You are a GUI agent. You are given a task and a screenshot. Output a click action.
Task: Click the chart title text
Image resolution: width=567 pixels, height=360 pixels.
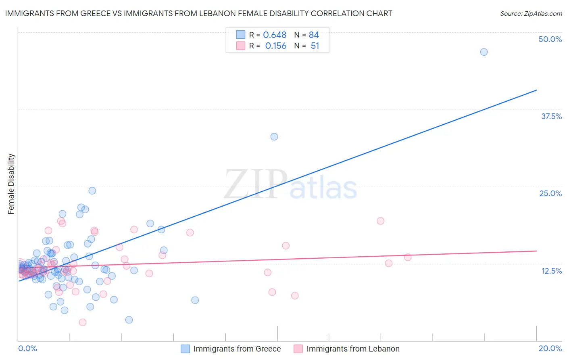pyautogui.click(x=198, y=13)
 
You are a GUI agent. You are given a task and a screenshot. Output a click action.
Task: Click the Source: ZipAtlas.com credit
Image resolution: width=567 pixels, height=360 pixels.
pyautogui.click(x=531, y=13)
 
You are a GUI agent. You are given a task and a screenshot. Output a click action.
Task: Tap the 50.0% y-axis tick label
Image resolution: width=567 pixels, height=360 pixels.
pyautogui.click(x=550, y=39)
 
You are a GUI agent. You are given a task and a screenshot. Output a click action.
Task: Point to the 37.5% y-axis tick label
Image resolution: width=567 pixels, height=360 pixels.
pyautogui.click(x=551, y=116)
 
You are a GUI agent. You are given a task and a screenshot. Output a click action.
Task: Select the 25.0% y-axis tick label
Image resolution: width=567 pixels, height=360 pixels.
pyautogui.click(x=550, y=193)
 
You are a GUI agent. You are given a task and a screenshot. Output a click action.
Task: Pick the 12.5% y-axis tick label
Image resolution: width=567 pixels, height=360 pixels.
pyautogui.click(x=551, y=271)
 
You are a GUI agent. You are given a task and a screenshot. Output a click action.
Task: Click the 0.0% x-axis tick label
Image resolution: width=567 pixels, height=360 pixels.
pyautogui.click(x=27, y=348)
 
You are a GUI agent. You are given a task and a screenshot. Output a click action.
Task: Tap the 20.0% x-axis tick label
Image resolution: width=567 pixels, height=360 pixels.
pyautogui.click(x=550, y=348)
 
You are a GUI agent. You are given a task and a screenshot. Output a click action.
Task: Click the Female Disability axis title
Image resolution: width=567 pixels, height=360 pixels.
pyautogui.click(x=11, y=184)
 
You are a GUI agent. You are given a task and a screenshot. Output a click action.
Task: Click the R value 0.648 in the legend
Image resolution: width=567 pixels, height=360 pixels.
pyautogui.click(x=275, y=35)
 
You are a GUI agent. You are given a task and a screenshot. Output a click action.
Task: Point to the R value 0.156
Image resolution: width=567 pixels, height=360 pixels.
pyautogui.click(x=275, y=46)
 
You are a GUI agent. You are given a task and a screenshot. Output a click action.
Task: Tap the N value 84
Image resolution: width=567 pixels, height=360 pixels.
pyautogui.click(x=314, y=35)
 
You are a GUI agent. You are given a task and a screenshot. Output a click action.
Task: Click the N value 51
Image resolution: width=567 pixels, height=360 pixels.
pyautogui.click(x=315, y=46)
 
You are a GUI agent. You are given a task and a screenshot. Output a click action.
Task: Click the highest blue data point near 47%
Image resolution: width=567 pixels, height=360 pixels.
pyautogui.click(x=484, y=52)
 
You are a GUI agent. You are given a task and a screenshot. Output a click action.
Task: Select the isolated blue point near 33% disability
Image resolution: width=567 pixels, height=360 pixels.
pyautogui.click(x=274, y=137)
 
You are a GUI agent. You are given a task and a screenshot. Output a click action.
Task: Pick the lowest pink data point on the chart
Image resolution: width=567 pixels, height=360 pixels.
pyautogui.click(x=83, y=322)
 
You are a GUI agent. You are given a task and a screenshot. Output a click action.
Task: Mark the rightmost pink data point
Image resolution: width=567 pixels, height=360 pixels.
pyautogui.click(x=408, y=257)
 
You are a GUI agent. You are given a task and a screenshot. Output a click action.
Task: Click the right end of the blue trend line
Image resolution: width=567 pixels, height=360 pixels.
pyautogui.click(x=536, y=90)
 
